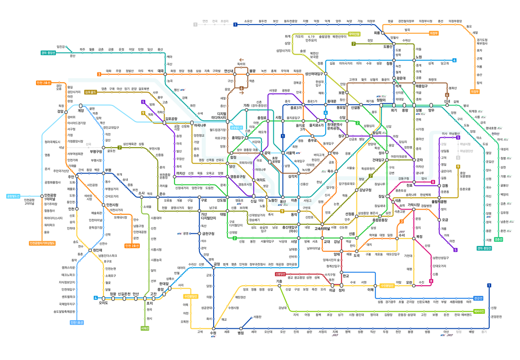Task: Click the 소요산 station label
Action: (x=248, y=21)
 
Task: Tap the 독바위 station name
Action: (x=242, y=63)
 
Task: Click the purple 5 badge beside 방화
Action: (x=143, y=102)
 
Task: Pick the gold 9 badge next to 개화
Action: (x=143, y=113)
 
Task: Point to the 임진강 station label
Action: (x=61, y=46)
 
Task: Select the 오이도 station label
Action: (x=103, y=303)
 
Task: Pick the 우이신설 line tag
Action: (x=355, y=34)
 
